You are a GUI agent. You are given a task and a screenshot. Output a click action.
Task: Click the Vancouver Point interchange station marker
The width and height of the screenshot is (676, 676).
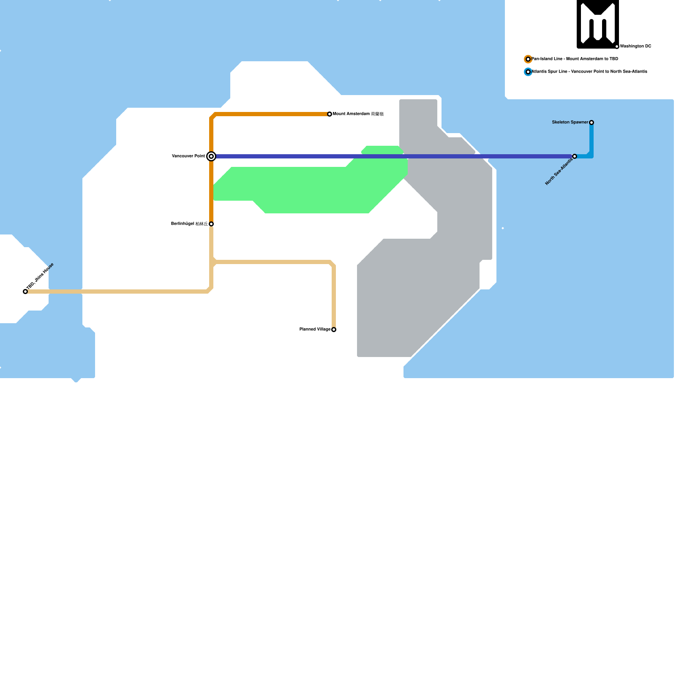211,156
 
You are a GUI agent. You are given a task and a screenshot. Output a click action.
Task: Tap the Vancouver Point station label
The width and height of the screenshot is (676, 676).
188,156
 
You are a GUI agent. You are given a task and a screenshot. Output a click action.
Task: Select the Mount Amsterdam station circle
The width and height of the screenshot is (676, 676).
330,114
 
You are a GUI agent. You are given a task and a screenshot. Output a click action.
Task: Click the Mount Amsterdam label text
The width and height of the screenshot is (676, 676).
358,114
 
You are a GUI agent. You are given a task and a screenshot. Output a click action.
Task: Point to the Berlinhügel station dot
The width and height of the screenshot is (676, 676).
211,224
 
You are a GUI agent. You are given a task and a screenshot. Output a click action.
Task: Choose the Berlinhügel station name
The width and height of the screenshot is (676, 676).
190,224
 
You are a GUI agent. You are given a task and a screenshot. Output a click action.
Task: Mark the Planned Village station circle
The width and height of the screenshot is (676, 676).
334,330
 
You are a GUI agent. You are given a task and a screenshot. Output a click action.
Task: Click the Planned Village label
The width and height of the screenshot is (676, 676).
315,330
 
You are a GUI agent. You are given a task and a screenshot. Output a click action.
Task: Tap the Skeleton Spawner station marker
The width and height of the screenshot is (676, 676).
591,123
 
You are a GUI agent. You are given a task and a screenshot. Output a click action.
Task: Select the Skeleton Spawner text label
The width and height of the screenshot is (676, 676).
570,123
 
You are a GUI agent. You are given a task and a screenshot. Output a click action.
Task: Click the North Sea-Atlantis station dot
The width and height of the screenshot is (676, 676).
575,156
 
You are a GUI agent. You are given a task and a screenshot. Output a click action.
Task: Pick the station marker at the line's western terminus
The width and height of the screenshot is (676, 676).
25,292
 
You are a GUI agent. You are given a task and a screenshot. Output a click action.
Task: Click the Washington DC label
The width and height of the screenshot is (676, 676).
635,46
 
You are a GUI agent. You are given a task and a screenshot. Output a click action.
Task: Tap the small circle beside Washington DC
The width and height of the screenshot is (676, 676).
617,46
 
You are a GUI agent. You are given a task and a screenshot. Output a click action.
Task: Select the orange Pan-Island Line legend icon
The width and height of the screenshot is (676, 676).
528,59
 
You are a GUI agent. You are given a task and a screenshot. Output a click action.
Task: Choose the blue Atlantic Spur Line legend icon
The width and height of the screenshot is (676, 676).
528,72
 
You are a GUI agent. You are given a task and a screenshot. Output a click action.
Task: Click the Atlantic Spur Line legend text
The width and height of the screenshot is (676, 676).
589,72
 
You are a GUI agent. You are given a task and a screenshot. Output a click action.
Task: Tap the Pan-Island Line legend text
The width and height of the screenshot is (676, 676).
575,59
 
